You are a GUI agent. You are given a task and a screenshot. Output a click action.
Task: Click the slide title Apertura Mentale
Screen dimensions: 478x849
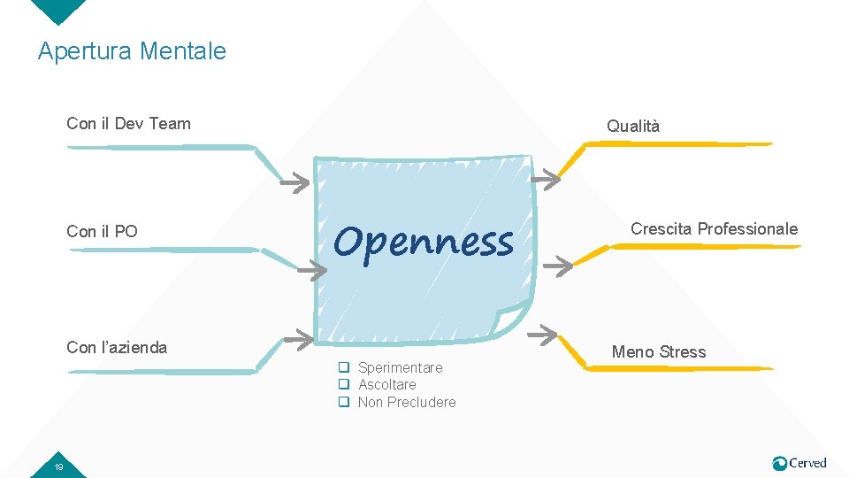pyautogui.click(x=132, y=51)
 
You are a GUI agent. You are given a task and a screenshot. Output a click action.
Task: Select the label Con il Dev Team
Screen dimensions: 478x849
pyautogui.click(x=128, y=123)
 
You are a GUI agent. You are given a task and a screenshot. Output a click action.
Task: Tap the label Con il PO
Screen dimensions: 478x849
pyautogui.click(x=102, y=232)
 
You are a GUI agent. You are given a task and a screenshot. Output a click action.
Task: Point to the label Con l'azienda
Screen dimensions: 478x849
pyautogui.click(x=117, y=347)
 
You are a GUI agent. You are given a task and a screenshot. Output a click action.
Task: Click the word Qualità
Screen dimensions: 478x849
pyautogui.click(x=633, y=127)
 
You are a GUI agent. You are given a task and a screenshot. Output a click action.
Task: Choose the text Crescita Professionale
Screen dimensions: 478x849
pyautogui.click(x=714, y=229)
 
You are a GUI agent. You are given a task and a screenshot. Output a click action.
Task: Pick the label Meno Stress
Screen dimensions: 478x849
pyautogui.click(x=659, y=352)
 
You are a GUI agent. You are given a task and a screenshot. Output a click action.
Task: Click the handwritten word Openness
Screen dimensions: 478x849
pyautogui.click(x=424, y=241)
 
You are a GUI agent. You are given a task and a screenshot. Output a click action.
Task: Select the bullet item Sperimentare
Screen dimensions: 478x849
pyautogui.click(x=400, y=367)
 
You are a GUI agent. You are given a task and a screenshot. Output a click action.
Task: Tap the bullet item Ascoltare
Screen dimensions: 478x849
pyautogui.click(x=386, y=384)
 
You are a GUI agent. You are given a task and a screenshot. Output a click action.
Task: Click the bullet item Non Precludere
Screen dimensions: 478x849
pyautogui.click(x=407, y=402)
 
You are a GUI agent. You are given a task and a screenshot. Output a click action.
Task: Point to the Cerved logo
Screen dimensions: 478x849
pyautogui.click(x=799, y=463)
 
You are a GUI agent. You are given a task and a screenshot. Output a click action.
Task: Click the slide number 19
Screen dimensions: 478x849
pyautogui.click(x=57, y=466)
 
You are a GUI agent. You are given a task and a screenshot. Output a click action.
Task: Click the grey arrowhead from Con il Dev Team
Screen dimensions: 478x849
pyautogui.click(x=296, y=183)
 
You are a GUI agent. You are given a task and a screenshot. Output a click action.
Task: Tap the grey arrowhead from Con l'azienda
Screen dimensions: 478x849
pyautogui.click(x=303, y=337)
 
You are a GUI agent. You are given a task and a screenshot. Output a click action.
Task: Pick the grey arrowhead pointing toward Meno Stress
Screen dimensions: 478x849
pyautogui.click(x=543, y=334)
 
